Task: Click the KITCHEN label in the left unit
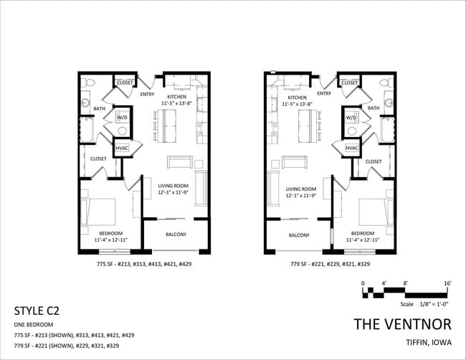176,97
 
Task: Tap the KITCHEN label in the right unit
297,97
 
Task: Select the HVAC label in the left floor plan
122,148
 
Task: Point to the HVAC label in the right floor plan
351,148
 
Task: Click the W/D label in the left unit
121,117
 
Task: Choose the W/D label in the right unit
351,117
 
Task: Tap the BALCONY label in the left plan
176,235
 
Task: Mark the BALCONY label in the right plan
299,235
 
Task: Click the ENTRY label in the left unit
148,93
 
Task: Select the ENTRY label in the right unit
324,93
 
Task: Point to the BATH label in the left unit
100,109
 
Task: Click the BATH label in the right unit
374,108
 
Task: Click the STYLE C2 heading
37,311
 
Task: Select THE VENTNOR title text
402,323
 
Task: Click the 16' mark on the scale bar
447,284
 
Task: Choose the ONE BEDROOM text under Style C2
34,325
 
